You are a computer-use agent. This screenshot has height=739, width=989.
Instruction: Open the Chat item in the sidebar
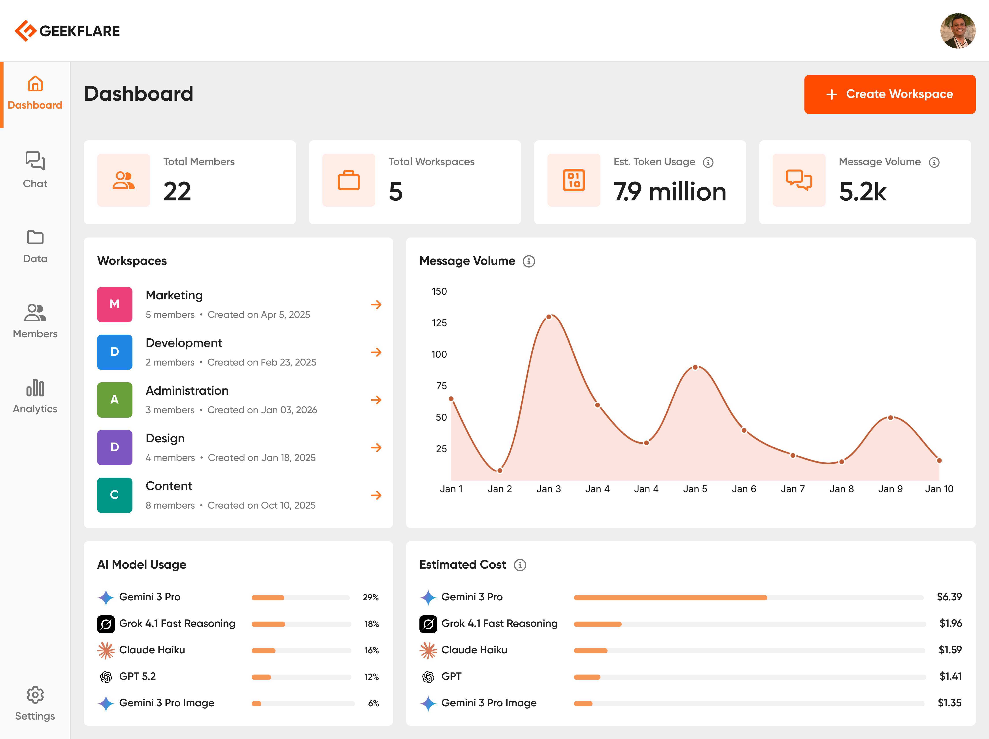point(35,170)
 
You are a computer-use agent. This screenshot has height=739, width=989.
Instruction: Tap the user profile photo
point(958,31)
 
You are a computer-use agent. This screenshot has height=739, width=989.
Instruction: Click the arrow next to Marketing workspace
point(376,304)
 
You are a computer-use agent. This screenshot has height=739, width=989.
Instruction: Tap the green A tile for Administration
point(114,400)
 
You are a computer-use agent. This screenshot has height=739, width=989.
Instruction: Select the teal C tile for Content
point(114,495)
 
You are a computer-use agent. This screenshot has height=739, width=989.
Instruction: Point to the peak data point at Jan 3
point(549,317)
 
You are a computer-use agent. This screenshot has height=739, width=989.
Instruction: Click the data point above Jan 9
point(890,418)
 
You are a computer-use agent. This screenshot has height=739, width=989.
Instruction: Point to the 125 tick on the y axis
point(439,323)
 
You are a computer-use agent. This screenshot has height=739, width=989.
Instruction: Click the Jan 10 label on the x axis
point(939,489)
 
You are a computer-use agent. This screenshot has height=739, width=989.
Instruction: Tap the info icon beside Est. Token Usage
point(708,162)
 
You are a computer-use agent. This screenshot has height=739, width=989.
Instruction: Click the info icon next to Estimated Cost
point(519,565)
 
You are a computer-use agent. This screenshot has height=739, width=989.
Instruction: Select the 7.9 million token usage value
point(669,192)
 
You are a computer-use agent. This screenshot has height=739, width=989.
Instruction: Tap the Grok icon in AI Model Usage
point(106,624)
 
